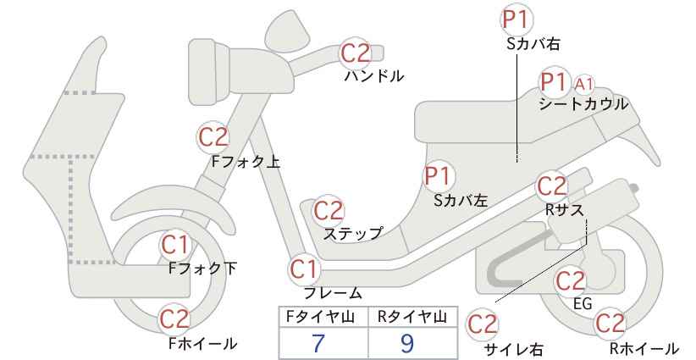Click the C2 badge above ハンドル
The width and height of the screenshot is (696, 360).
click(x=355, y=53)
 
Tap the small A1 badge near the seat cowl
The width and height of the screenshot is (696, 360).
click(x=584, y=84)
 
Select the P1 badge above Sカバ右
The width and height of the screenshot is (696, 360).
click(x=516, y=19)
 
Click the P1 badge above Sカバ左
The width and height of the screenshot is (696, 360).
click(x=439, y=176)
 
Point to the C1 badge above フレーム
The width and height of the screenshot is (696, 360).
click(x=304, y=269)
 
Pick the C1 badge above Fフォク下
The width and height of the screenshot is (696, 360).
click(x=175, y=245)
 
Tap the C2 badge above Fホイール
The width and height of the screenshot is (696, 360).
click(x=175, y=319)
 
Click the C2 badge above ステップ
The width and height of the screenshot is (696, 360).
click(x=329, y=210)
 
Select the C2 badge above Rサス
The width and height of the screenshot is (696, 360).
click(x=552, y=186)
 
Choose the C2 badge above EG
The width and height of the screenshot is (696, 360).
click(x=571, y=281)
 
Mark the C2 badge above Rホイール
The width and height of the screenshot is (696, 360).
click(x=610, y=324)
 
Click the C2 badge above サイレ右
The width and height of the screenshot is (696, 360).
click(x=483, y=324)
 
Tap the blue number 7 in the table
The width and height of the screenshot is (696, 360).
click(x=318, y=343)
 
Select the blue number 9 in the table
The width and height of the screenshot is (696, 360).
click(x=406, y=343)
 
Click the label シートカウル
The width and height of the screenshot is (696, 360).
click(x=583, y=104)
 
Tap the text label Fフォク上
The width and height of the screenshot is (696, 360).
click(x=246, y=162)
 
